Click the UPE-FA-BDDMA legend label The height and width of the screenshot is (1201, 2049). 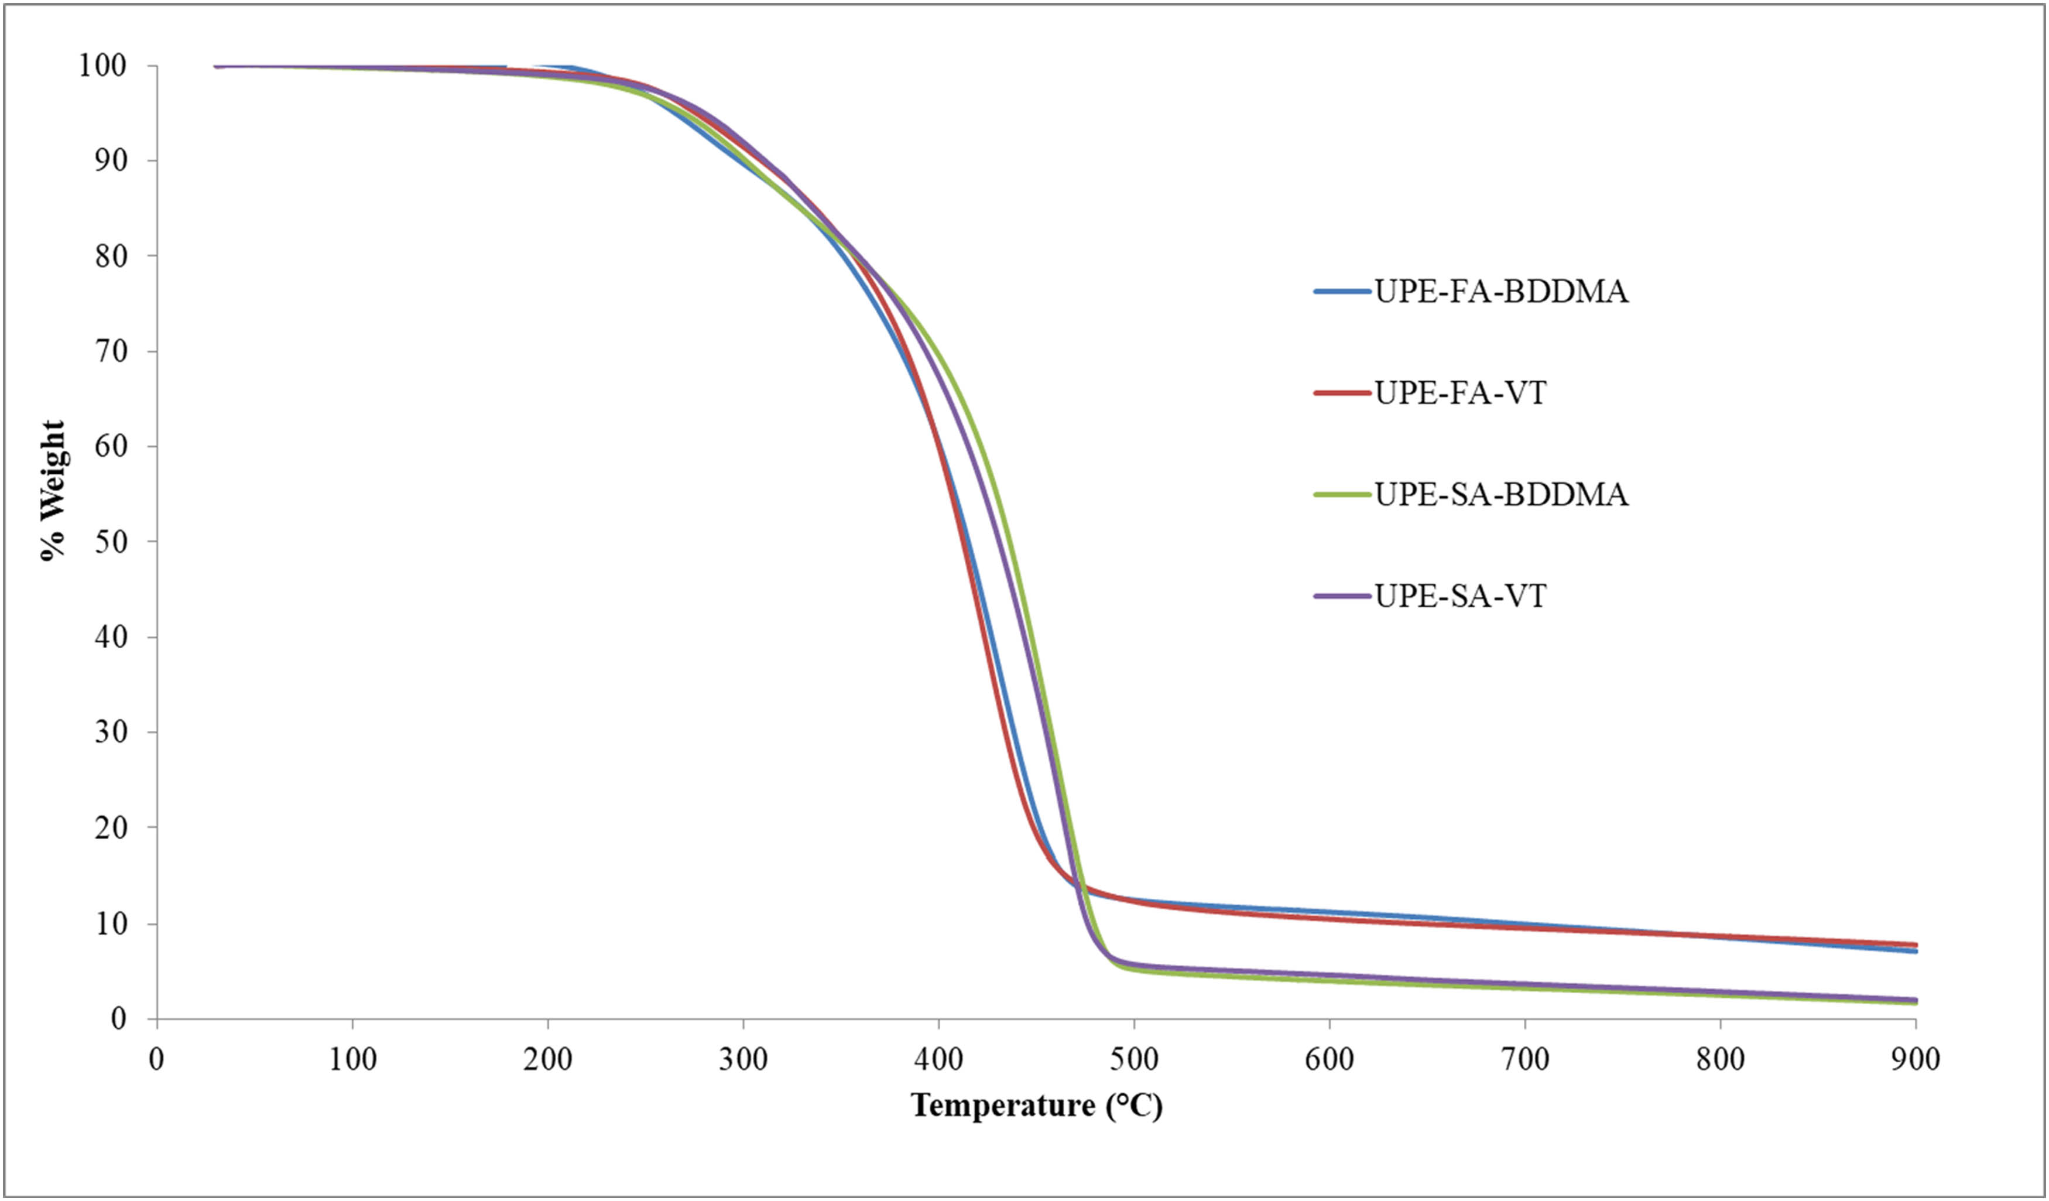[x=1501, y=291]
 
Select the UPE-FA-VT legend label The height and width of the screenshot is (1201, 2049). [x=1460, y=393]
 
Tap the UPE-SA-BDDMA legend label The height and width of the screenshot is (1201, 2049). [x=1501, y=494]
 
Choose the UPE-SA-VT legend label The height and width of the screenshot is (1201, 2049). [x=1460, y=596]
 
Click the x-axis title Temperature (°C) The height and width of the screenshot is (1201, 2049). [x=1037, y=1106]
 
